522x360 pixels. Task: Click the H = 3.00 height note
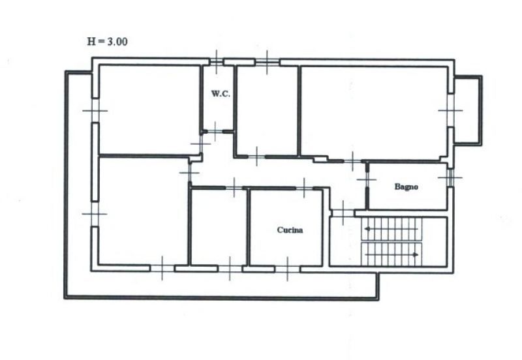107,42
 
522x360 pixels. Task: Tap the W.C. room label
221,93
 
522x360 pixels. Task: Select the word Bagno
406,187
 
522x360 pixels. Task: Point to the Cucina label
290,230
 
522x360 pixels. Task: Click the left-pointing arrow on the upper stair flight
391,229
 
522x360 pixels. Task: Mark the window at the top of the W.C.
217,62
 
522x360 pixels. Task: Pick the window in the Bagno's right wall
450,177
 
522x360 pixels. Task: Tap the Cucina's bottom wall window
287,269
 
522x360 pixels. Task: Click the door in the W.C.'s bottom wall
215,132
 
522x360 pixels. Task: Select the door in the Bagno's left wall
367,179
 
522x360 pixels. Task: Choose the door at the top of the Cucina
304,188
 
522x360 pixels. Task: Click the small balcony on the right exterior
468,110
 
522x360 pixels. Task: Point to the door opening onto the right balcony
451,110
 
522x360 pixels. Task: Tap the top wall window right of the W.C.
267,62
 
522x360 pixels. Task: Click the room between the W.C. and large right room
267,110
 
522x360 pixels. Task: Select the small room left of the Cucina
219,227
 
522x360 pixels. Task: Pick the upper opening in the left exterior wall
95,110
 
